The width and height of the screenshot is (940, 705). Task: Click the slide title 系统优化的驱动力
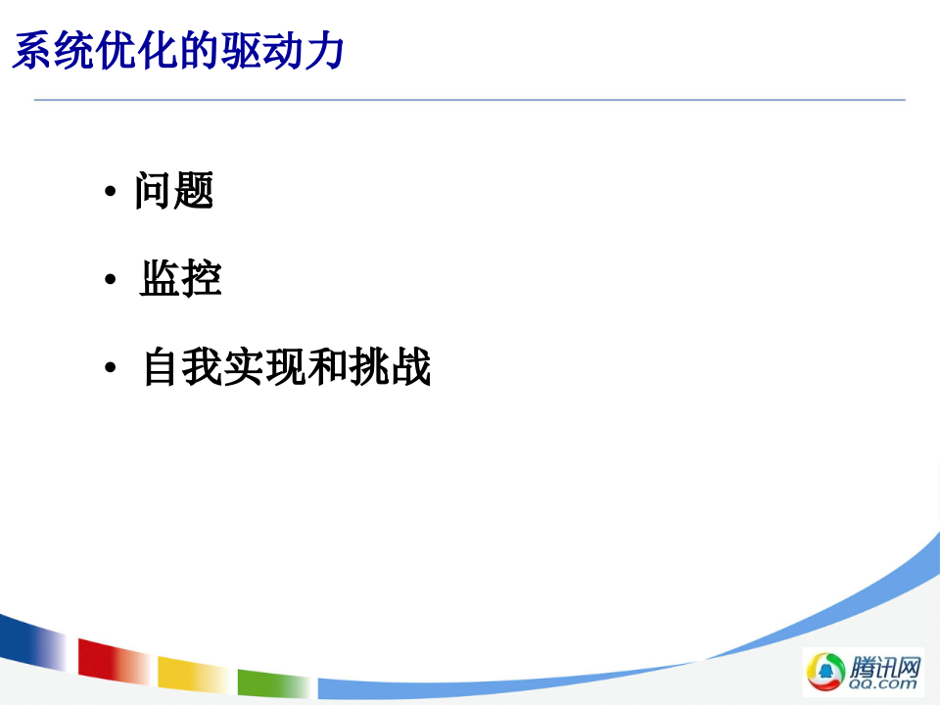(178, 51)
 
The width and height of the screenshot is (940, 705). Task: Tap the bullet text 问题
(174, 191)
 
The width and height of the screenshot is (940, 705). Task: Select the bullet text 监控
(180, 279)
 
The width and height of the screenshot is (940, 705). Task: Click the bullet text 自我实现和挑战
(286, 368)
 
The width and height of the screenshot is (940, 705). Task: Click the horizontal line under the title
(470, 100)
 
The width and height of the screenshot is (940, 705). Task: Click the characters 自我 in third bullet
(182, 368)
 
